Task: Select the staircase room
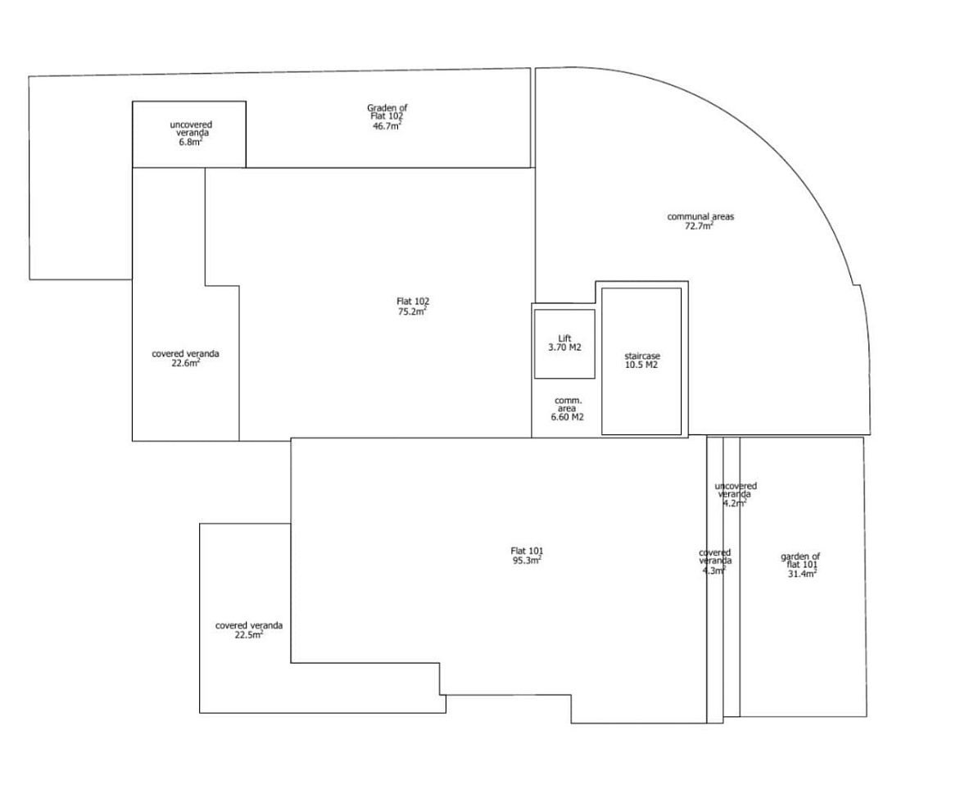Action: click(x=641, y=361)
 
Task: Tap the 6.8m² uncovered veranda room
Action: click(x=189, y=134)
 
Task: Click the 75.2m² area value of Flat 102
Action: click(x=412, y=311)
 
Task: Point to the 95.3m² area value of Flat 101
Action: click(x=527, y=561)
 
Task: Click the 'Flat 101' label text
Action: click(x=527, y=551)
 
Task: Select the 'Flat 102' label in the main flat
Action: click(x=413, y=302)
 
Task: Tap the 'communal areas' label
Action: click(x=700, y=216)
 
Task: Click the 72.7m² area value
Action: click(x=699, y=226)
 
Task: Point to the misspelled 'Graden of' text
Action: click(x=387, y=107)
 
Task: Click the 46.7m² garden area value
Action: click(x=387, y=125)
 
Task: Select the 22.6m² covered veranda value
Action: click(x=186, y=363)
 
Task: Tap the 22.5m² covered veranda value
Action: click(x=249, y=634)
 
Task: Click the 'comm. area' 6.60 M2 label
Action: click(x=567, y=409)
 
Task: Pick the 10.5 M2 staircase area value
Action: click(x=641, y=365)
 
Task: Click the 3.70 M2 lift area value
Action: click(x=564, y=347)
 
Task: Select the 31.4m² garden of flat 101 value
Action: click(x=802, y=574)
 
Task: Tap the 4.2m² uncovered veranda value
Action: click(x=735, y=502)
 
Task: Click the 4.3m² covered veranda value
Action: click(x=714, y=570)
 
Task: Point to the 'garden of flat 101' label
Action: click(x=800, y=561)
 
